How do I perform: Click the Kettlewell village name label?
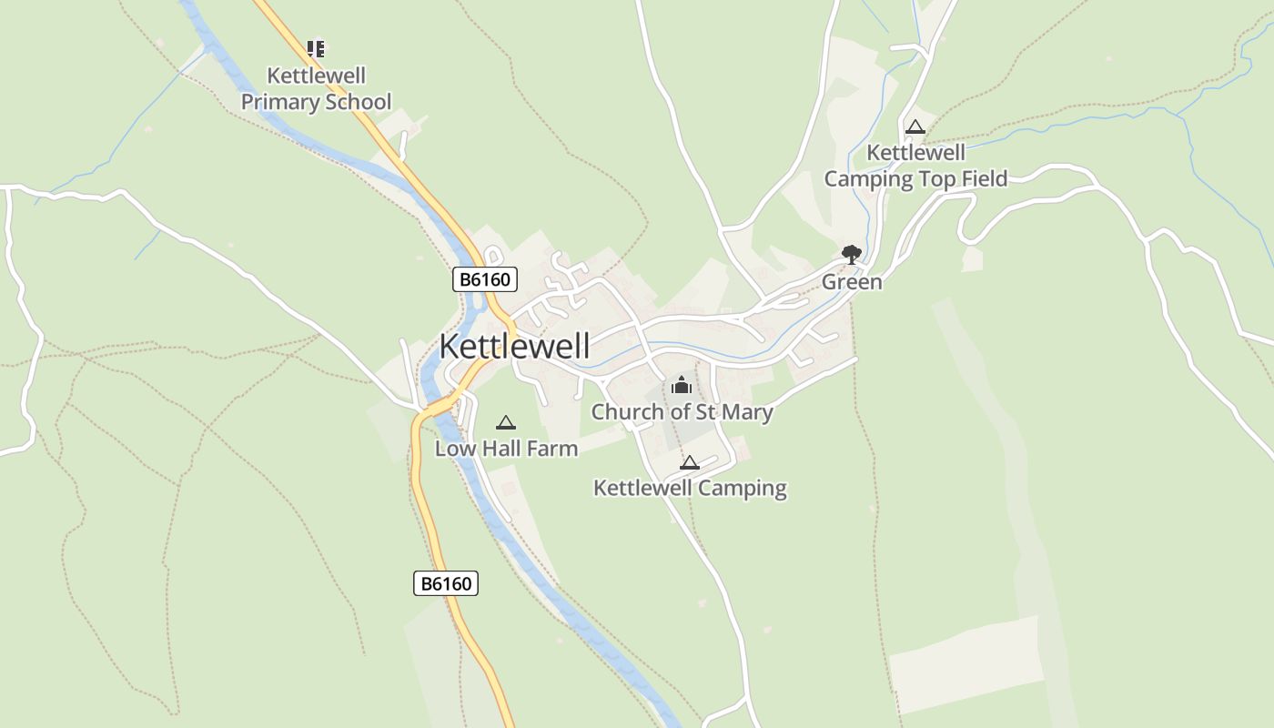[514, 346]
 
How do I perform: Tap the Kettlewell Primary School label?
[316, 88]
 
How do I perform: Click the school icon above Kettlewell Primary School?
[316, 48]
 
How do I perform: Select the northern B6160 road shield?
[485, 279]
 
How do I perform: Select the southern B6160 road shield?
[446, 583]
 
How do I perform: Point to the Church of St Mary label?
[682, 411]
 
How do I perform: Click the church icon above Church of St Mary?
[682, 386]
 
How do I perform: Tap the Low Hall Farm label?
[506, 448]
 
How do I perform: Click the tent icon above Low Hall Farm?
[506, 422]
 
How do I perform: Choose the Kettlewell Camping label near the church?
[690, 488]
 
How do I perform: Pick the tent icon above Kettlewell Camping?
[690, 462]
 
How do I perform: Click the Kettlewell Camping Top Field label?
[915, 166]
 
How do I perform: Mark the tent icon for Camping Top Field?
[915, 127]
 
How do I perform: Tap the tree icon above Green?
[852, 254]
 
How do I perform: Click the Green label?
[852, 282]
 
